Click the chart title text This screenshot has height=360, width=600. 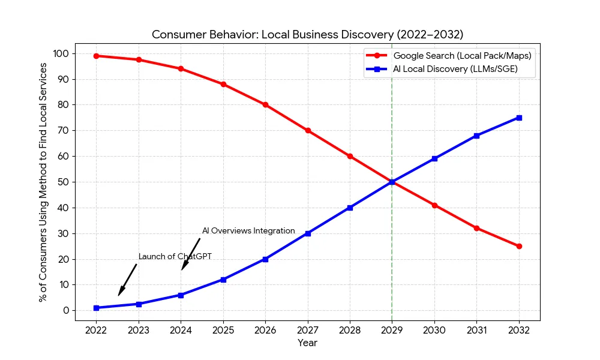[307, 34]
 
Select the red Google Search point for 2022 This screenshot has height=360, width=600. [96, 56]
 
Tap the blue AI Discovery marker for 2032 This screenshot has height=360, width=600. [519, 118]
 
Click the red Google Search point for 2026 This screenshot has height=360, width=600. [265, 104]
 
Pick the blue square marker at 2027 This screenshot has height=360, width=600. [308, 233]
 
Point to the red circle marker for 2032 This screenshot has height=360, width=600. [519, 246]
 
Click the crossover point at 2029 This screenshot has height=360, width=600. [392, 182]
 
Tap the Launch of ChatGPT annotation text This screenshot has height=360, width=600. [175, 257]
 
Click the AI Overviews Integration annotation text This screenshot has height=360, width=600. [248, 231]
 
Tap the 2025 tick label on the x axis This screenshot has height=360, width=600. [223, 330]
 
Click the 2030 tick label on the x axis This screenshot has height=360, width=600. [434, 330]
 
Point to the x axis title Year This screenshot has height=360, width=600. [307, 343]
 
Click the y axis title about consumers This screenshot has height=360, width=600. [43, 182]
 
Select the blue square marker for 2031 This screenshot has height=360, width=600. [476, 136]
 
